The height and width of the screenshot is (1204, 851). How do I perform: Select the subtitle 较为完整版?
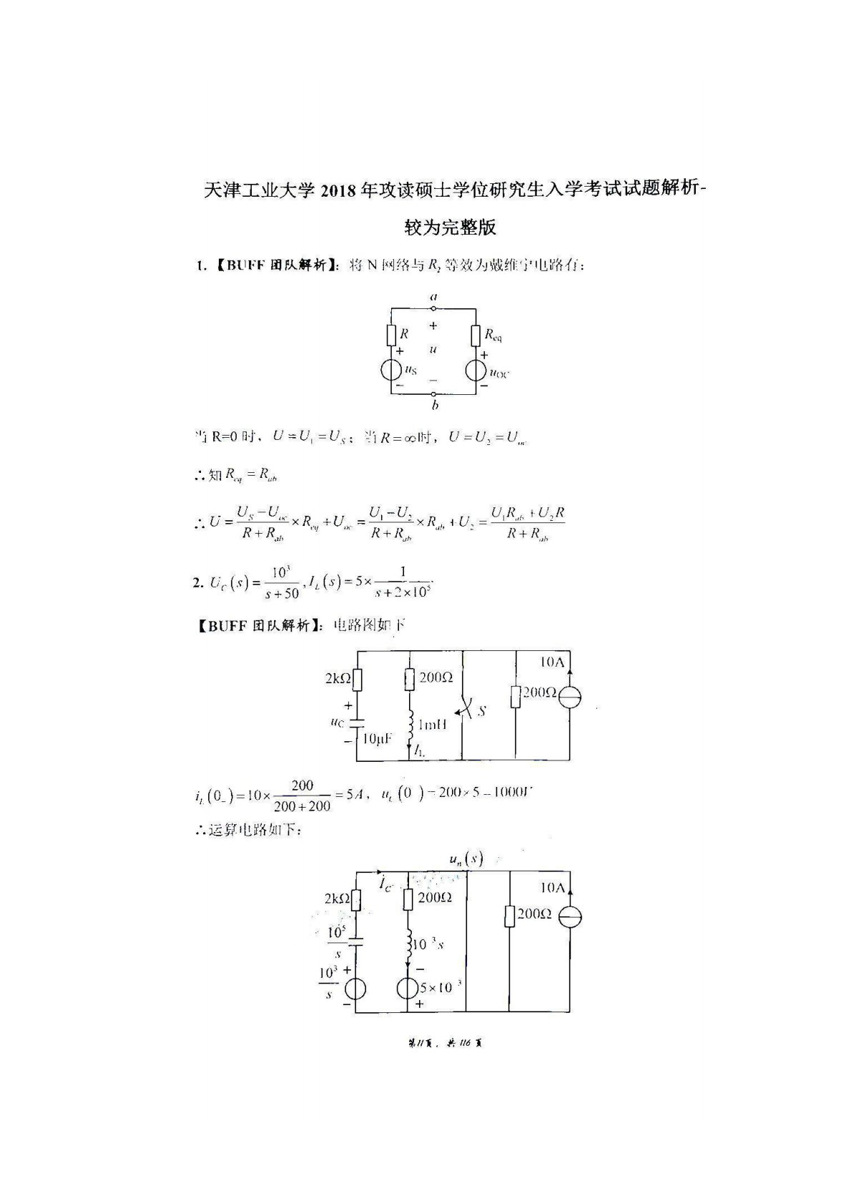click(x=450, y=228)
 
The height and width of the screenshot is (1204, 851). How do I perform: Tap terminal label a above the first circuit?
click(x=433, y=296)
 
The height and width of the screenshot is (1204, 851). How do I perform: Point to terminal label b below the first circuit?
click(x=435, y=406)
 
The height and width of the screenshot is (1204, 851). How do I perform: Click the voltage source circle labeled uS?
click(x=391, y=371)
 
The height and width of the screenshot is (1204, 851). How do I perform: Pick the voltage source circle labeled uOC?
click(x=476, y=371)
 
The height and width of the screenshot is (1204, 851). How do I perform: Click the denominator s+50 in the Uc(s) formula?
click(x=281, y=593)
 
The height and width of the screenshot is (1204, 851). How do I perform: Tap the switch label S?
click(x=481, y=711)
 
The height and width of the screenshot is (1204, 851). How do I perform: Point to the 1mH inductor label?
click(x=432, y=724)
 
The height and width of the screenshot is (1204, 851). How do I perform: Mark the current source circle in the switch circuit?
click(x=570, y=698)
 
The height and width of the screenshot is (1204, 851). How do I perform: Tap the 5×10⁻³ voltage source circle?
click(x=408, y=988)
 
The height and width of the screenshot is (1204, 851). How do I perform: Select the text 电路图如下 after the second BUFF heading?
click(x=370, y=625)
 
